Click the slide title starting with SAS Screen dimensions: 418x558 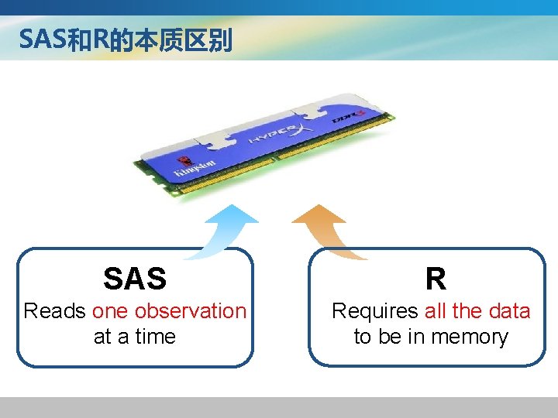click(125, 39)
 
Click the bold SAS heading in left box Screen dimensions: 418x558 click(135, 279)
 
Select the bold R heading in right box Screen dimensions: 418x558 click(435, 279)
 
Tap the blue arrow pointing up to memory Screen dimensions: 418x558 click(228, 229)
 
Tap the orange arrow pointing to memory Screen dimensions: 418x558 click(325, 228)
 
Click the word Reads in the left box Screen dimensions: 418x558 click(54, 311)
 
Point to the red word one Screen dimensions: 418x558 click(111, 311)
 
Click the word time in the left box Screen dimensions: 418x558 click(156, 337)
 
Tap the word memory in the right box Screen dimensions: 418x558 click(470, 337)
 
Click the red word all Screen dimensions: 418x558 click(436, 311)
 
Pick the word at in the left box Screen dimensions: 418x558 click(102, 337)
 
